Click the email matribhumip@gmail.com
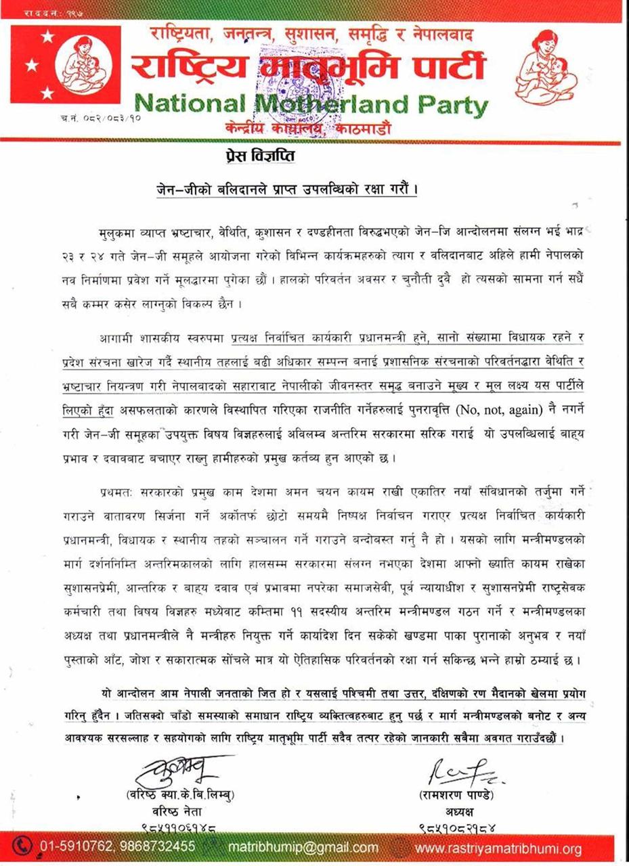(x=303, y=848)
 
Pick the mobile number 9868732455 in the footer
(x=159, y=846)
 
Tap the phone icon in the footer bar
(x=25, y=846)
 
